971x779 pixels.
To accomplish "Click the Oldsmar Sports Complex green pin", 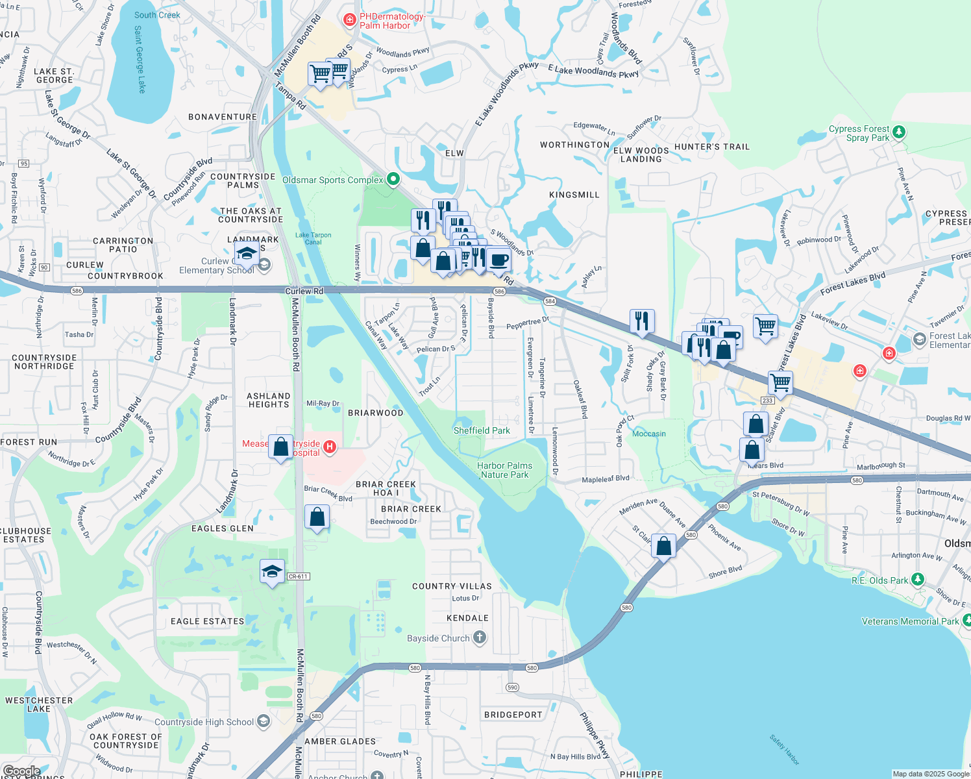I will pos(393,179).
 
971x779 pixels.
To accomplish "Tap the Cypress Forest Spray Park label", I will pos(859,133).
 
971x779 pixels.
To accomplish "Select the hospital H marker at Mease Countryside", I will pos(330,447).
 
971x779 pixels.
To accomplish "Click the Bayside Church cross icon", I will pos(480,637).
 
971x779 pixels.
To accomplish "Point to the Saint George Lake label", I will pos(140,59).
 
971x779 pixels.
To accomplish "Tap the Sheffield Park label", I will pos(482,430).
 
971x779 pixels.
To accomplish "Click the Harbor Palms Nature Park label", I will pos(504,470).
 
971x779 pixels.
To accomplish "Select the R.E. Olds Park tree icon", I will pos(917,579).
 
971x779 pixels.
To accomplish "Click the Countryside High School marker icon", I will pos(263,721).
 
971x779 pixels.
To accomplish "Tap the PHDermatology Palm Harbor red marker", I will pos(350,20).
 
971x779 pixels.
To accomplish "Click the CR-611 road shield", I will pos(298,576).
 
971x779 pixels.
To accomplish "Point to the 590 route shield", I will pos(513,687).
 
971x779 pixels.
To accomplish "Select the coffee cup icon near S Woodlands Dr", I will pos(498,260).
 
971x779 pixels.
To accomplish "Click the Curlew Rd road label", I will pos(304,291).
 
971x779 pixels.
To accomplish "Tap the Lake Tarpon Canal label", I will pos(313,238).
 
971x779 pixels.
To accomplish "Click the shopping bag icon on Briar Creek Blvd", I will pos(317,517).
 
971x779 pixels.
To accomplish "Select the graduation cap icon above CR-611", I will pos(272,571).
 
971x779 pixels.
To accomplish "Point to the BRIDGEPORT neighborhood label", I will pos(513,715).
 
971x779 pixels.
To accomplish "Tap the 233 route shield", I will pos(767,400).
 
